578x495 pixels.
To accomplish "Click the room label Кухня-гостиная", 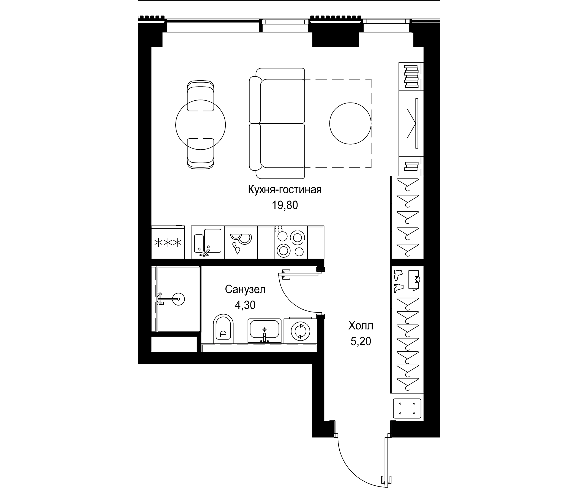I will (285, 190).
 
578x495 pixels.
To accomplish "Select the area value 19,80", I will (285, 205).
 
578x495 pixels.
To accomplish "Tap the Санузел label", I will (245, 290).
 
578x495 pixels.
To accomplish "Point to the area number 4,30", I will (245, 305).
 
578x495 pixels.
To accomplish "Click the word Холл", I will (361, 325).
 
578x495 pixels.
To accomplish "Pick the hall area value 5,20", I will (361, 341).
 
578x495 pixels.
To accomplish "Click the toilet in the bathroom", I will (223, 329).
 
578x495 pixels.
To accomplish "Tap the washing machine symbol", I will (301, 331).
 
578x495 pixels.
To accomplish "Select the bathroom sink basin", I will (265, 329).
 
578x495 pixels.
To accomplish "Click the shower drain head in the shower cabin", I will (178, 299).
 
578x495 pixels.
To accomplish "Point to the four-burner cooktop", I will (291, 242).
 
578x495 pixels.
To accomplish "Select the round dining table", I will (200, 125).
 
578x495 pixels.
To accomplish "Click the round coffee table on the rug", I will (350, 123).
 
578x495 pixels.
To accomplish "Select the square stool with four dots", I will (407, 416).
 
